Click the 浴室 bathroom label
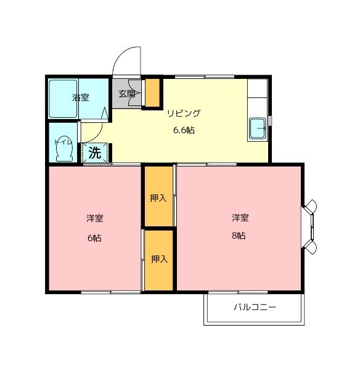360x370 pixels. (x=81, y=97)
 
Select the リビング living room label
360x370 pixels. (x=184, y=113)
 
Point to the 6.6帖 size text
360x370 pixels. (x=184, y=130)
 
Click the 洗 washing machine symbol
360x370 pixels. (x=95, y=153)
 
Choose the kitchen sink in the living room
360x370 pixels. (x=257, y=129)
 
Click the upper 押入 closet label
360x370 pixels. (x=158, y=198)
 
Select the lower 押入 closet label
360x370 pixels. (x=159, y=259)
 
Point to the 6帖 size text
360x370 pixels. (x=94, y=238)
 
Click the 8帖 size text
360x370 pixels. (x=239, y=236)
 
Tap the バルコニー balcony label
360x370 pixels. (x=254, y=306)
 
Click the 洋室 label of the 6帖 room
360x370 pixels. (x=94, y=218)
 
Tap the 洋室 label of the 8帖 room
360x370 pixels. (x=240, y=217)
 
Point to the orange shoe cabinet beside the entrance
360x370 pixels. (x=151, y=93)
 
